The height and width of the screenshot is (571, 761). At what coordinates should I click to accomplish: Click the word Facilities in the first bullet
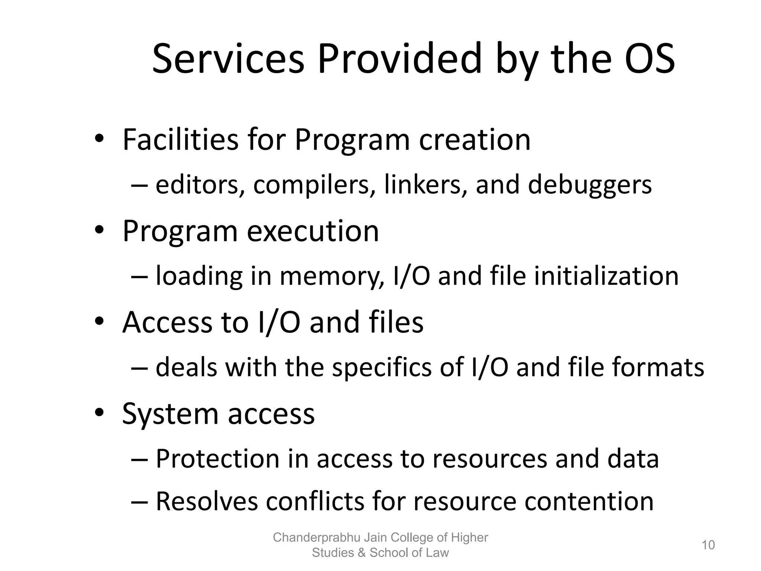181,140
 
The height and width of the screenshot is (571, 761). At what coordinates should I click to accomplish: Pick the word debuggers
590,185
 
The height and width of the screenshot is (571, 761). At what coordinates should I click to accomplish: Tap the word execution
313,231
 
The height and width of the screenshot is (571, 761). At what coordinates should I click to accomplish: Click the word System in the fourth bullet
170,414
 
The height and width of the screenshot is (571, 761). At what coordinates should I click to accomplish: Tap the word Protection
217,459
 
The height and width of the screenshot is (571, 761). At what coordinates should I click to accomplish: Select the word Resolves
207,501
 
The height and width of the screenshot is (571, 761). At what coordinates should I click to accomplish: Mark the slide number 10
708,545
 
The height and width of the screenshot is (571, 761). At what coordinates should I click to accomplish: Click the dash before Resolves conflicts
140,502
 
